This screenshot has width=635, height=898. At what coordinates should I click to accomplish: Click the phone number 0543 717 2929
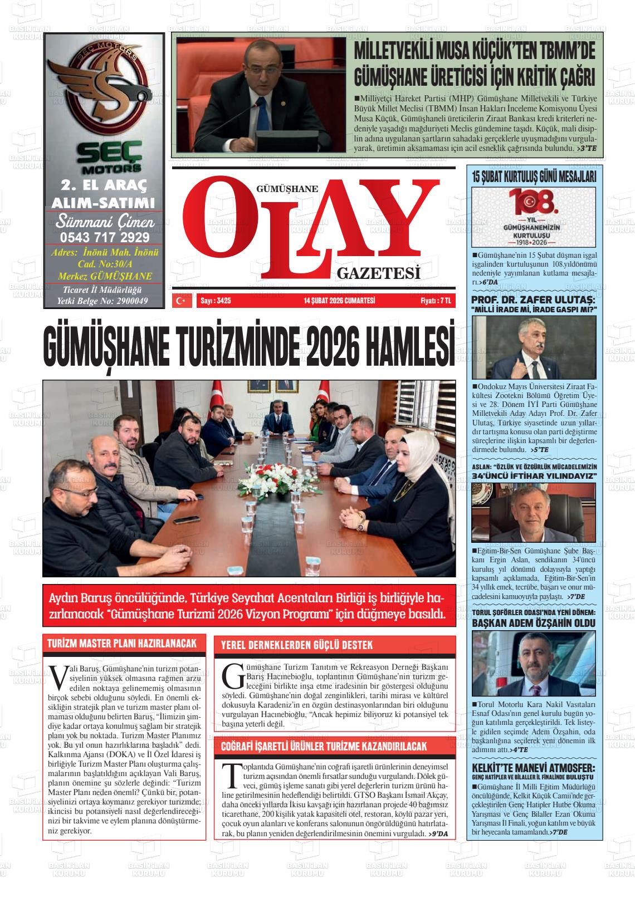coord(104,238)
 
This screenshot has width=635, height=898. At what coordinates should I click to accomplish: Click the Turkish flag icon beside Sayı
coord(180,301)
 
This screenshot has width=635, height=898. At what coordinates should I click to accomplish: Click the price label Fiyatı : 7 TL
coord(435,301)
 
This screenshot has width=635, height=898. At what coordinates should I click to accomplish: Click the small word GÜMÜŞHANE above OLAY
coord(286,189)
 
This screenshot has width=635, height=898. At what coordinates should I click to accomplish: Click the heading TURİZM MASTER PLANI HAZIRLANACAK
coord(122,644)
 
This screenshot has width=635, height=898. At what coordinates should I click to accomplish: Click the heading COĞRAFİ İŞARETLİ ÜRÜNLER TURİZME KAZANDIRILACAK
coord(324,746)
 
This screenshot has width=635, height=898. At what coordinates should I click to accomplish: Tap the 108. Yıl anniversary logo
coord(533,217)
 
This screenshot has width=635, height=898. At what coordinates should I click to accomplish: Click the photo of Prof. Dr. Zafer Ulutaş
coord(533,348)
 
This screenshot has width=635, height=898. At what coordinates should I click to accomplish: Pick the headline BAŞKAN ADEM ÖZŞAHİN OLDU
coord(534,623)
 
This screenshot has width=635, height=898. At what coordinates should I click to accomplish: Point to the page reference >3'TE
coord(587,149)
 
